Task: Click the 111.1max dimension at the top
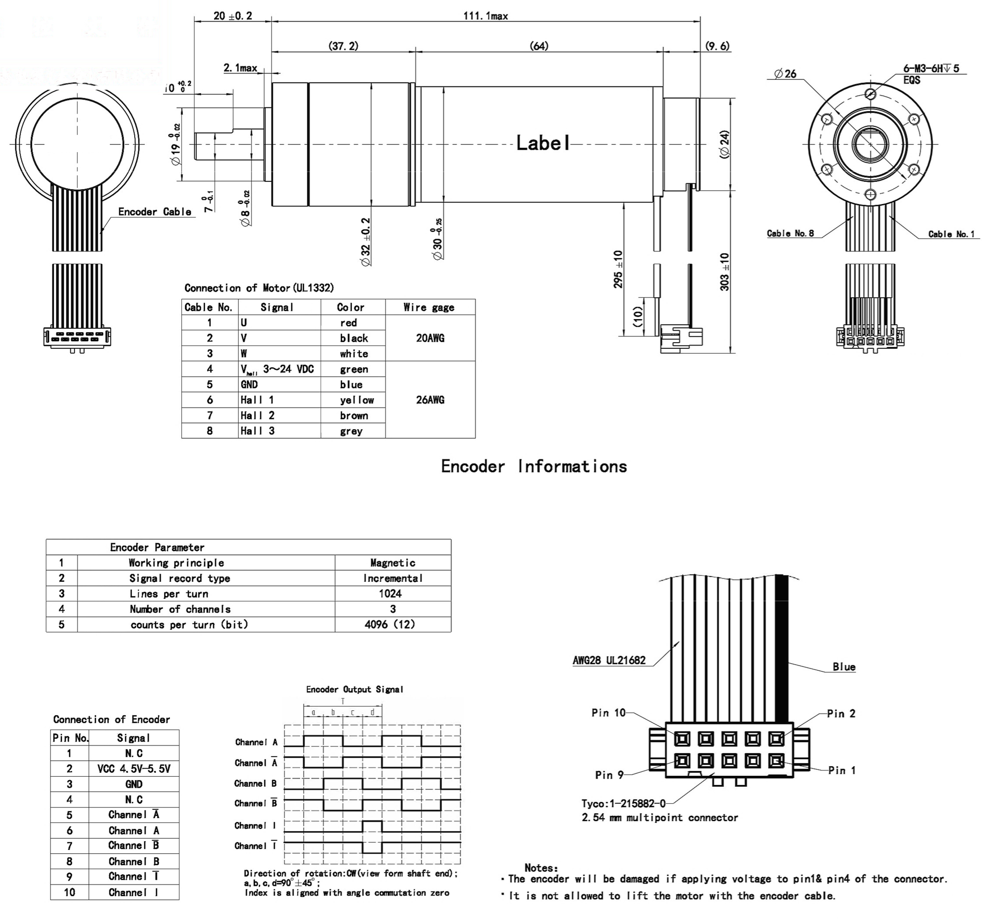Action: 486,16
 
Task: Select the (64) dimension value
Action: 539,46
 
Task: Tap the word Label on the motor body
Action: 543,143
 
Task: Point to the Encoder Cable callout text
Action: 155,212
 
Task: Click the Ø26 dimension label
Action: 785,74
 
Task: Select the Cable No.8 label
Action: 790,233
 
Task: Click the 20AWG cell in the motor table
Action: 430,338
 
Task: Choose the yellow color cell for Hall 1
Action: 357,400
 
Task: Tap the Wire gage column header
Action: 429,308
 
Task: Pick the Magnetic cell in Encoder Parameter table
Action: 392,563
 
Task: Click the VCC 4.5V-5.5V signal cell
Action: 133,769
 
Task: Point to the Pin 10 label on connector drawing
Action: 608,713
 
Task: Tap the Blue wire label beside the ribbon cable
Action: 844,667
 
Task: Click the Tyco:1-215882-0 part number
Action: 623,803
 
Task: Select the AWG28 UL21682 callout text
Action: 609,660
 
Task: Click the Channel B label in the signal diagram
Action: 256,783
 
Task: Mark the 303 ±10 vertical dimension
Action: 725,271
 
